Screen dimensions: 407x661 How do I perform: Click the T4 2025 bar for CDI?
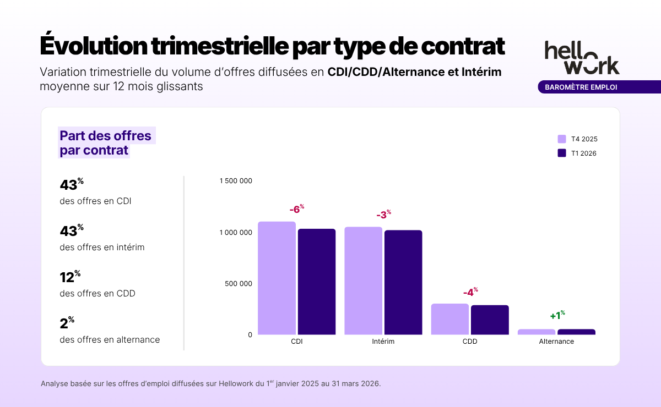pyautogui.click(x=277, y=278)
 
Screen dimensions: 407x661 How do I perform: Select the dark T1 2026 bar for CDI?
pyautogui.click(x=317, y=282)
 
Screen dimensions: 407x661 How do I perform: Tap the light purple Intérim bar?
pyautogui.click(x=363, y=280)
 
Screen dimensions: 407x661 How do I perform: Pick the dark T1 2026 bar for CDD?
pyautogui.click(x=490, y=320)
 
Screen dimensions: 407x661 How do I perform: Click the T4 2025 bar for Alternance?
pyautogui.click(x=537, y=332)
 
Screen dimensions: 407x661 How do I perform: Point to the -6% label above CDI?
pyautogui.click(x=296, y=209)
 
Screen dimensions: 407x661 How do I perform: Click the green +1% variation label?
pyautogui.click(x=557, y=316)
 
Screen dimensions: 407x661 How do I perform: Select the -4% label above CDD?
pyautogui.click(x=470, y=292)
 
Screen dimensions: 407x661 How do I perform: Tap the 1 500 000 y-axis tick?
pyautogui.click(x=236, y=181)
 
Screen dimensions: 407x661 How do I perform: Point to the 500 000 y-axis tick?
pyautogui.click(x=239, y=284)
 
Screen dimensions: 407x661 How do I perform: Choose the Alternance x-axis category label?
pyautogui.click(x=556, y=342)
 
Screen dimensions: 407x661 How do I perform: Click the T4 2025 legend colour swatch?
pyautogui.click(x=562, y=139)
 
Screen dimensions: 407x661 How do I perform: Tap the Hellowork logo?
pyautogui.click(x=582, y=57)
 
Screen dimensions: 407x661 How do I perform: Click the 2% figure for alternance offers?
pyautogui.click(x=67, y=323)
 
